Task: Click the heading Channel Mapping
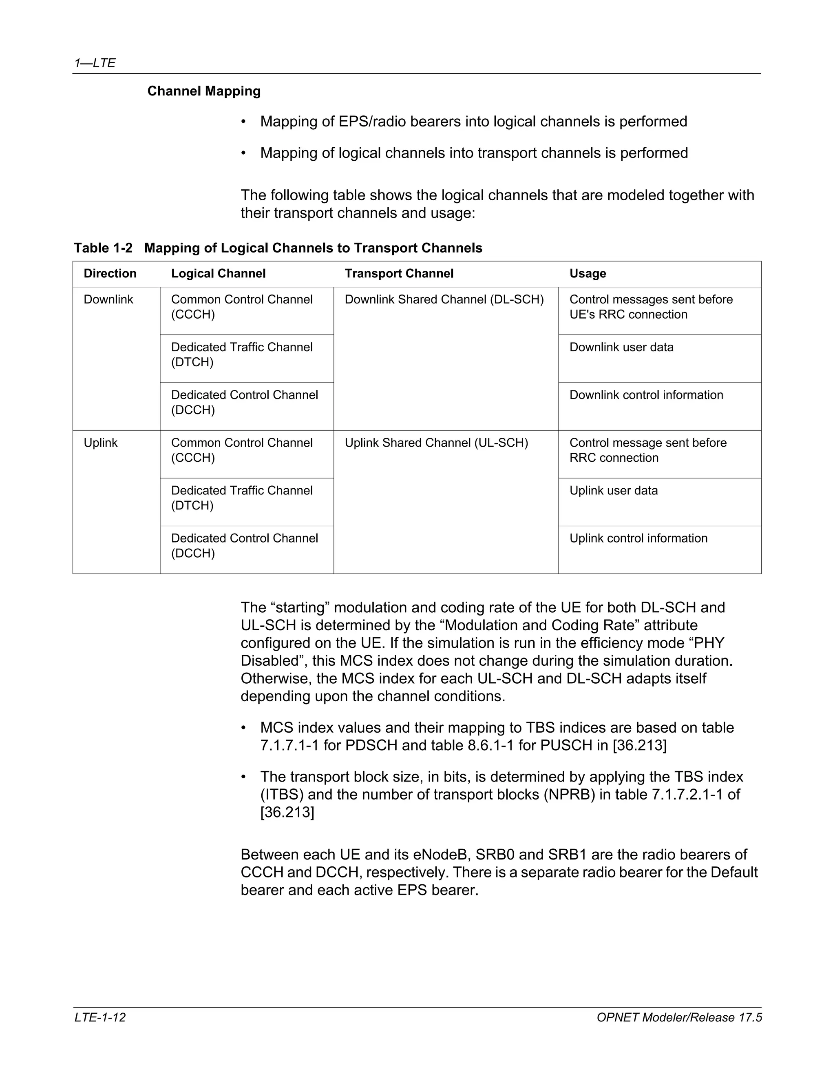click(x=204, y=91)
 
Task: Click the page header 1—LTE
click(x=95, y=63)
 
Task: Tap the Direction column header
click(x=110, y=274)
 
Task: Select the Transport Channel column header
click(x=399, y=274)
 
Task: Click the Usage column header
click(x=588, y=274)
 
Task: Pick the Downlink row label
click(x=108, y=299)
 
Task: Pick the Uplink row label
click(x=100, y=443)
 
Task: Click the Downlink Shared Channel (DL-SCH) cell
click(x=444, y=299)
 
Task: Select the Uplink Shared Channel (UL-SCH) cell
click(x=436, y=443)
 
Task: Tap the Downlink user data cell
click(x=621, y=347)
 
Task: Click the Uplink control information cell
click(x=638, y=538)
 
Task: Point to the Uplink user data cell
click(x=613, y=490)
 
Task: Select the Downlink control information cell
click(x=646, y=395)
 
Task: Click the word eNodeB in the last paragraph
click(x=441, y=855)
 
